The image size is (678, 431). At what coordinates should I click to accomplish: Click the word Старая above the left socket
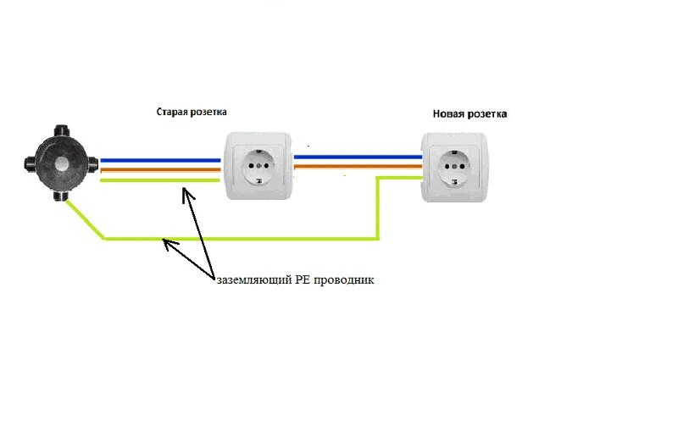click(x=173, y=112)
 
